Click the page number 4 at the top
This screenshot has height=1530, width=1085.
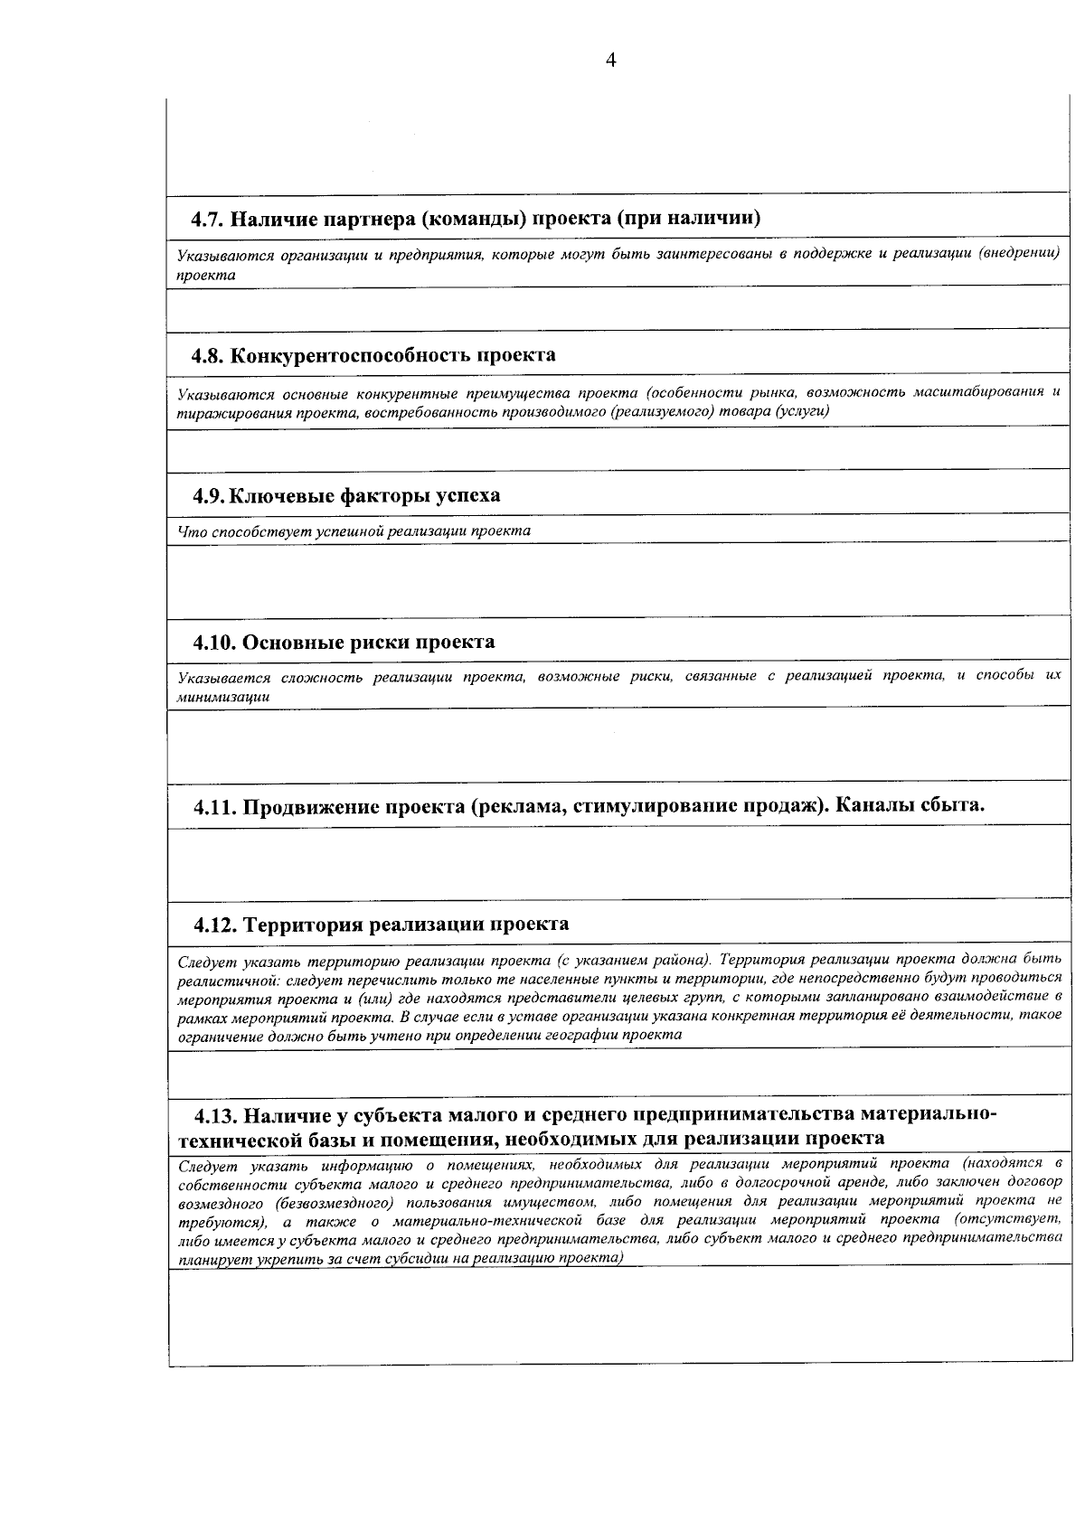point(610,61)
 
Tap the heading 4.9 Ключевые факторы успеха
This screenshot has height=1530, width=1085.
point(346,496)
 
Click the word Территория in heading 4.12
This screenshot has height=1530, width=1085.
point(304,925)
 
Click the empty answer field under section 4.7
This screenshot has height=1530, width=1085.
point(615,308)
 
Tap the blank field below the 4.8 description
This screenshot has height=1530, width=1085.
point(615,447)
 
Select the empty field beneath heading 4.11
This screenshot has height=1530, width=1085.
point(615,862)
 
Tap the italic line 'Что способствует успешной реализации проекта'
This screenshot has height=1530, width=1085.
point(354,531)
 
